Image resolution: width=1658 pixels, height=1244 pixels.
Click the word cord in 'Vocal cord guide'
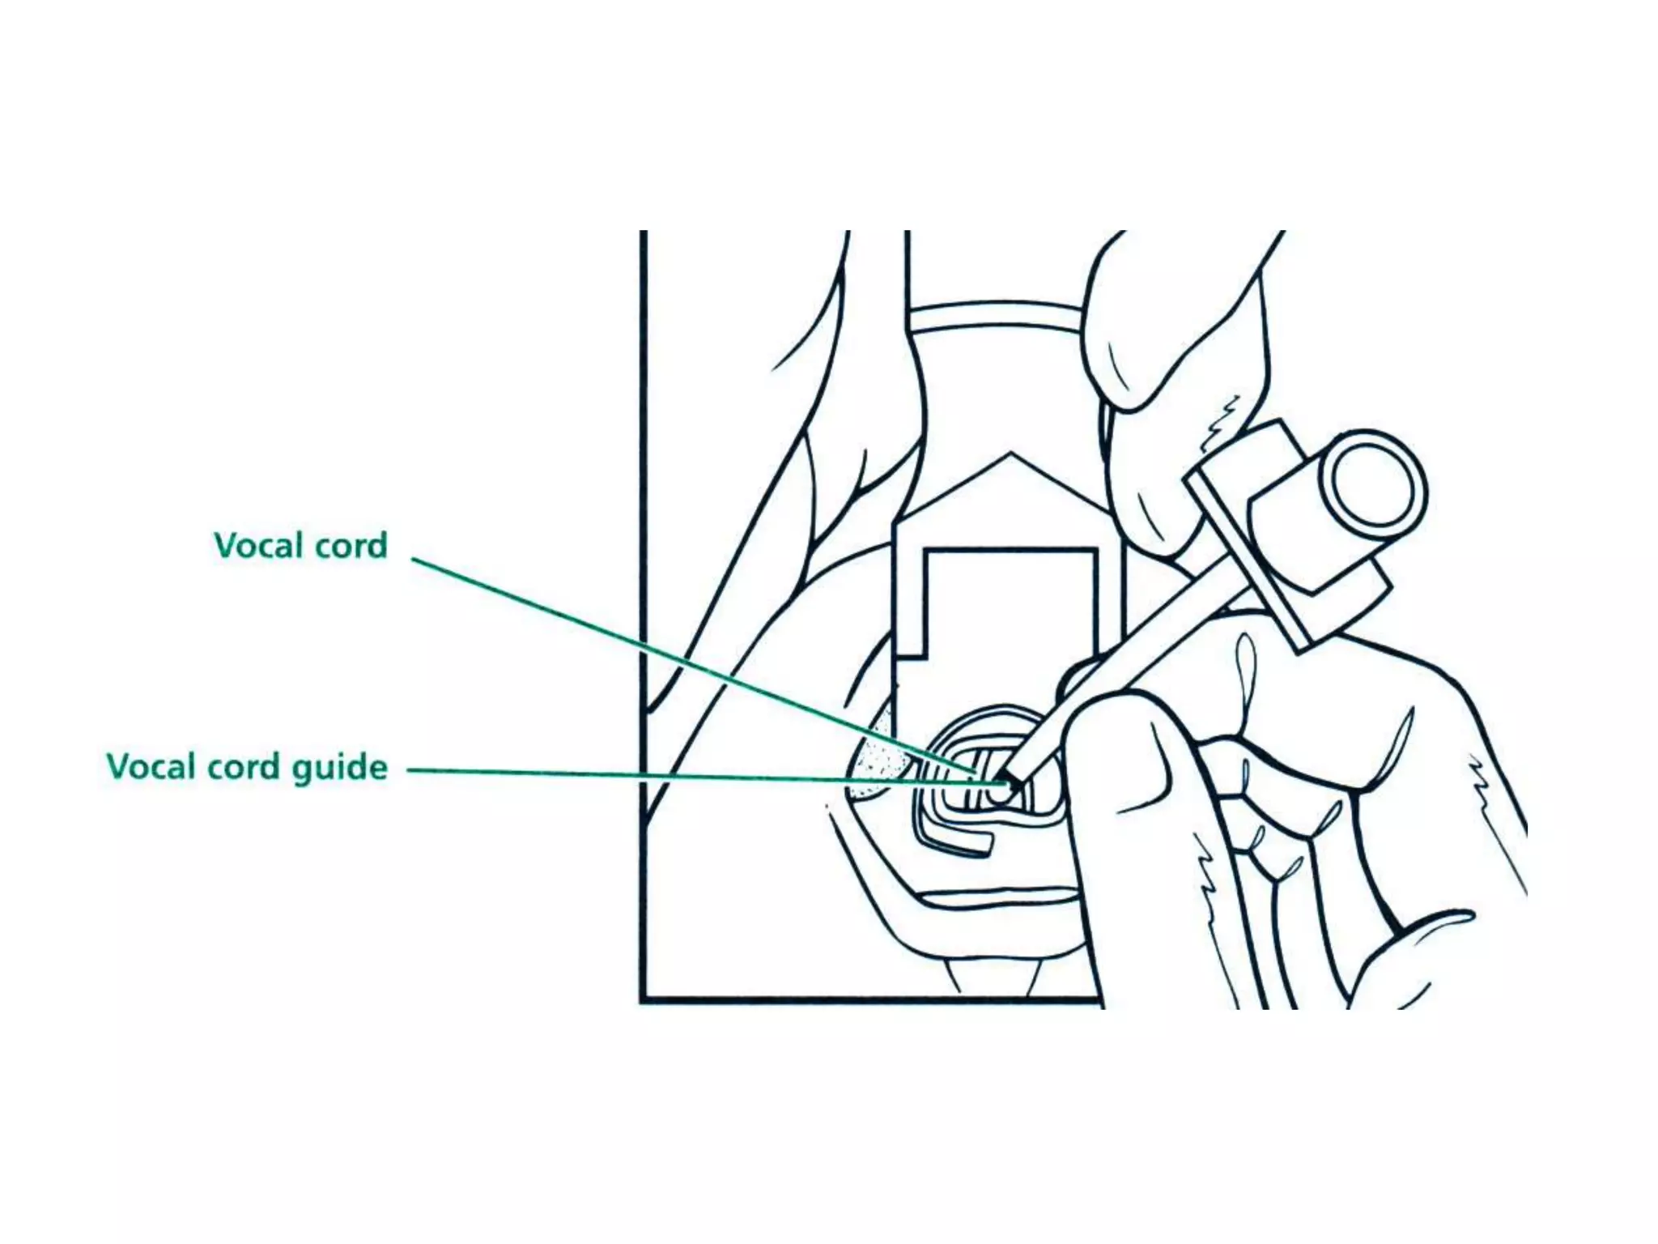click(242, 766)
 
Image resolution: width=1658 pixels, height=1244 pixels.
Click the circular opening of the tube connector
click(1374, 490)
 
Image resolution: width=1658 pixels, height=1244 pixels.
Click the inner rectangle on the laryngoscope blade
click(1012, 616)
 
